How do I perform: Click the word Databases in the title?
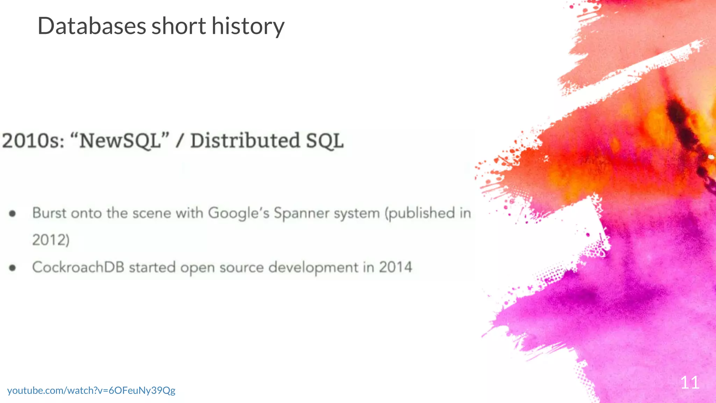point(92,26)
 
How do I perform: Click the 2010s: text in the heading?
point(34,141)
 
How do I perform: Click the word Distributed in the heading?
point(245,141)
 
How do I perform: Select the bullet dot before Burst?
point(13,213)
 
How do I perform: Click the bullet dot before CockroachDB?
point(13,268)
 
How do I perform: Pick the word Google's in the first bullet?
point(239,213)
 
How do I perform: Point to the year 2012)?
point(51,240)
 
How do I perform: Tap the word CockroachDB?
point(78,267)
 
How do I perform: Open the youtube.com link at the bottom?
point(91,390)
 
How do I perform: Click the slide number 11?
point(689,383)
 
